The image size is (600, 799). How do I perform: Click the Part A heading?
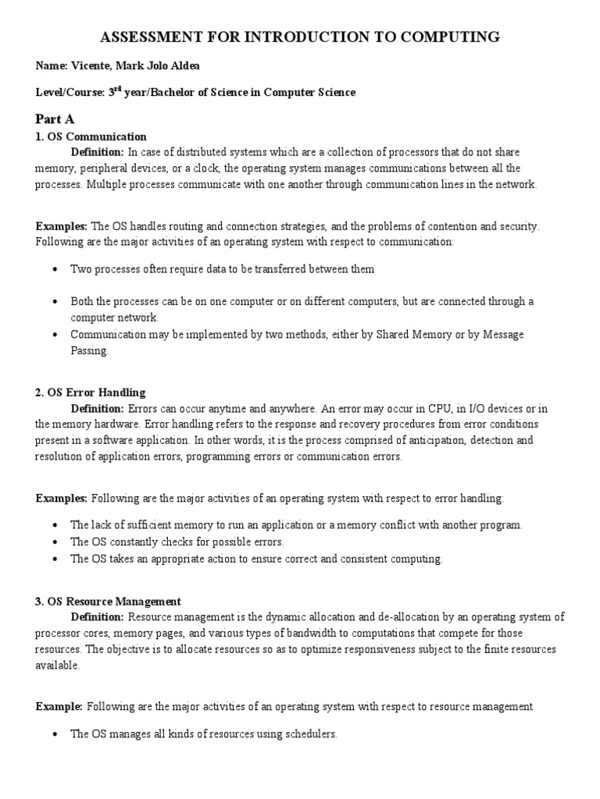click(x=55, y=119)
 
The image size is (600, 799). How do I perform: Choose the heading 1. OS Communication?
click(x=91, y=137)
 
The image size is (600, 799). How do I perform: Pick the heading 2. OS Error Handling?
click(x=91, y=392)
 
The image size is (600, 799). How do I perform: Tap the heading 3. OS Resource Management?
click(x=109, y=602)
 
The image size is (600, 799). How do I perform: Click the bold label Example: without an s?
click(x=59, y=707)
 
